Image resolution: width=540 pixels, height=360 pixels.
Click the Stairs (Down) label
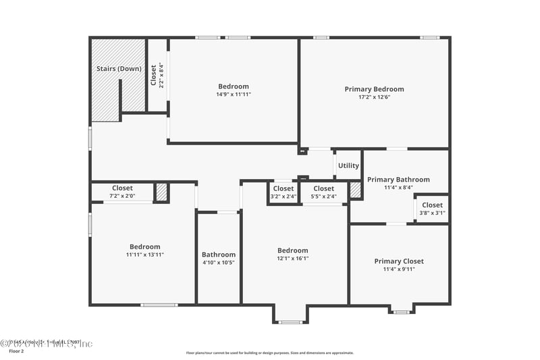[x=118, y=69]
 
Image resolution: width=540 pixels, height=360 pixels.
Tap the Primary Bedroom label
[x=374, y=89]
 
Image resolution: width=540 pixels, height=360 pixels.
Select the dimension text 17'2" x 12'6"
[x=374, y=97]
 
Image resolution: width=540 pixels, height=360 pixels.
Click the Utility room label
[x=348, y=165]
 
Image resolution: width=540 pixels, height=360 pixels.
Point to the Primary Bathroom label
[x=398, y=180]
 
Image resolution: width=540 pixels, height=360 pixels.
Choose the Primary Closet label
[x=399, y=261]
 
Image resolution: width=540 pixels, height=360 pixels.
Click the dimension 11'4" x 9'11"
[x=399, y=269]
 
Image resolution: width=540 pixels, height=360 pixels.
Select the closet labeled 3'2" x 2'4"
[x=283, y=192]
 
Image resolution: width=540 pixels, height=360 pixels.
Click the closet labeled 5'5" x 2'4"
[x=323, y=192]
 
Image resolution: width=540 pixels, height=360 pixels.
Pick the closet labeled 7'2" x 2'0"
[x=122, y=192]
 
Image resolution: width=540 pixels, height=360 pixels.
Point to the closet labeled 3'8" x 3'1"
[x=432, y=209]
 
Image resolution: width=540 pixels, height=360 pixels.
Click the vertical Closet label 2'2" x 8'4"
[x=157, y=76]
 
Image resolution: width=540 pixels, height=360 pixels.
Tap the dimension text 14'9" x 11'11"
[x=233, y=95]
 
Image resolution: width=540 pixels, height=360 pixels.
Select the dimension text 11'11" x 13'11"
[x=144, y=255]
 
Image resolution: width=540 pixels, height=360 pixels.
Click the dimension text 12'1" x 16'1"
[x=292, y=258]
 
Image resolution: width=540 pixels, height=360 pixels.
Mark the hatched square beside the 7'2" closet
[x=161, y=192]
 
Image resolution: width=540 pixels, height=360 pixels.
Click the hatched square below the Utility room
[x=356, y=190]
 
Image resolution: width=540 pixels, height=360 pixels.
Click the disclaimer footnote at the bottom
[x=270, y=353]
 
